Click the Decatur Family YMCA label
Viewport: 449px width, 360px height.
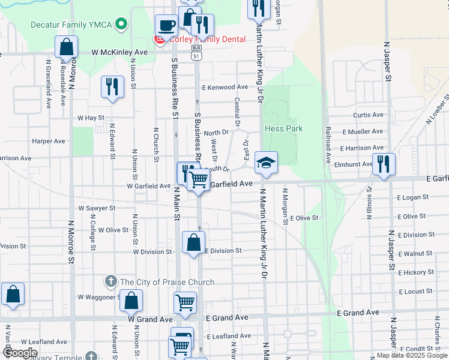point(73,25)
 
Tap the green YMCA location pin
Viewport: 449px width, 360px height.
point(122,25)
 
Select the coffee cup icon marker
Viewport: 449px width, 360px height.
point(166,26)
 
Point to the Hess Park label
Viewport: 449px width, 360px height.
point(283,128)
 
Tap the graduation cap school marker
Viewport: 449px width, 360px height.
point(266,163)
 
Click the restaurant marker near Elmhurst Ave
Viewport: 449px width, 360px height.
point(383,163)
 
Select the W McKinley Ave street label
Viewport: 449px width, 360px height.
point(120,52)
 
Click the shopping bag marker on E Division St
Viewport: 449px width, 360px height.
point(193,243)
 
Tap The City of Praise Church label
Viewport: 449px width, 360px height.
point(167,282)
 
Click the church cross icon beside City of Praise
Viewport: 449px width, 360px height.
point(111,281)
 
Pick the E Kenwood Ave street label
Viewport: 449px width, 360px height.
point(225,88)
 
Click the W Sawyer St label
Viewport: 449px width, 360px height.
point(97,208)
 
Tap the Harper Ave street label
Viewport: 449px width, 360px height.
point(49,142)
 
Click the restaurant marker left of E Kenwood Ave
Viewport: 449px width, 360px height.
point(112,86)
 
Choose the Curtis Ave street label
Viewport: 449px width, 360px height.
point(368,115)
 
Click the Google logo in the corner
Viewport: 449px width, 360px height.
point(20,353)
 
